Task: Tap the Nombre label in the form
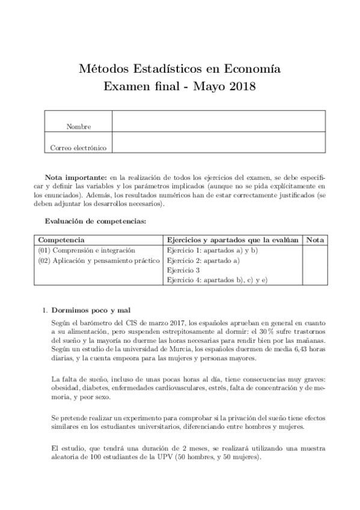click(x=78, y=126)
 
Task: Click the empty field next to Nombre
click(x=218, y=121)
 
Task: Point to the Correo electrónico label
click(x=78, y=147)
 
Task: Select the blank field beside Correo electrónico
click(x=218, y=143)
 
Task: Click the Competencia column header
click(x=61, y=240)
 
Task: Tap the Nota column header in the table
click(x=314, y=240)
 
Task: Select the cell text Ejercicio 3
click(x=183, y=271)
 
